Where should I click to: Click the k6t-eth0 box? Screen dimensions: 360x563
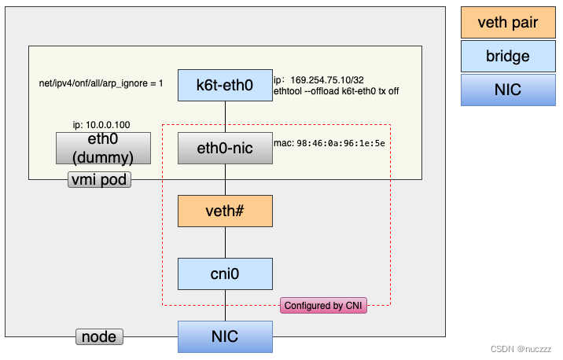pos(225,85)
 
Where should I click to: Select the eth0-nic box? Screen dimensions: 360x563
pos(225,148)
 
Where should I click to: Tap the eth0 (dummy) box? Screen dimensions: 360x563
pos(103,148)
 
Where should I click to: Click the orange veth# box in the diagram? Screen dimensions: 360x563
pos(225,211)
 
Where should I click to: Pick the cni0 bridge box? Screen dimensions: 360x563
pos(225,274)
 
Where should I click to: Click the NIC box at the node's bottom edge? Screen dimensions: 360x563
pos(225,336)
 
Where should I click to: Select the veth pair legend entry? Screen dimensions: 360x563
pos(507,22)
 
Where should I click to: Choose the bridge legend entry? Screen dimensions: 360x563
pos(507,56)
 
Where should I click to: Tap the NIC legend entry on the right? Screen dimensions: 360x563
pos(507,90)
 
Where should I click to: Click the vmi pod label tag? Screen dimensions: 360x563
pos(99,180)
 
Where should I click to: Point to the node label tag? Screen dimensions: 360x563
pos(99,337)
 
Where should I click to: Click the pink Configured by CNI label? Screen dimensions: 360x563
pos(323,306)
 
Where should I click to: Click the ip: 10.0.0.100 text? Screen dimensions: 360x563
pos(102,124)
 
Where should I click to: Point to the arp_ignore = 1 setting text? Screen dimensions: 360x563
pos(101,83)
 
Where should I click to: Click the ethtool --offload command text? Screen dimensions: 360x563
pos(336,91)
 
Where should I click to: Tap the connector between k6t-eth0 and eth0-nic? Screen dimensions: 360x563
pos(226,116)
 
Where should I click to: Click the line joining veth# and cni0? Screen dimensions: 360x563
pos(226,243)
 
